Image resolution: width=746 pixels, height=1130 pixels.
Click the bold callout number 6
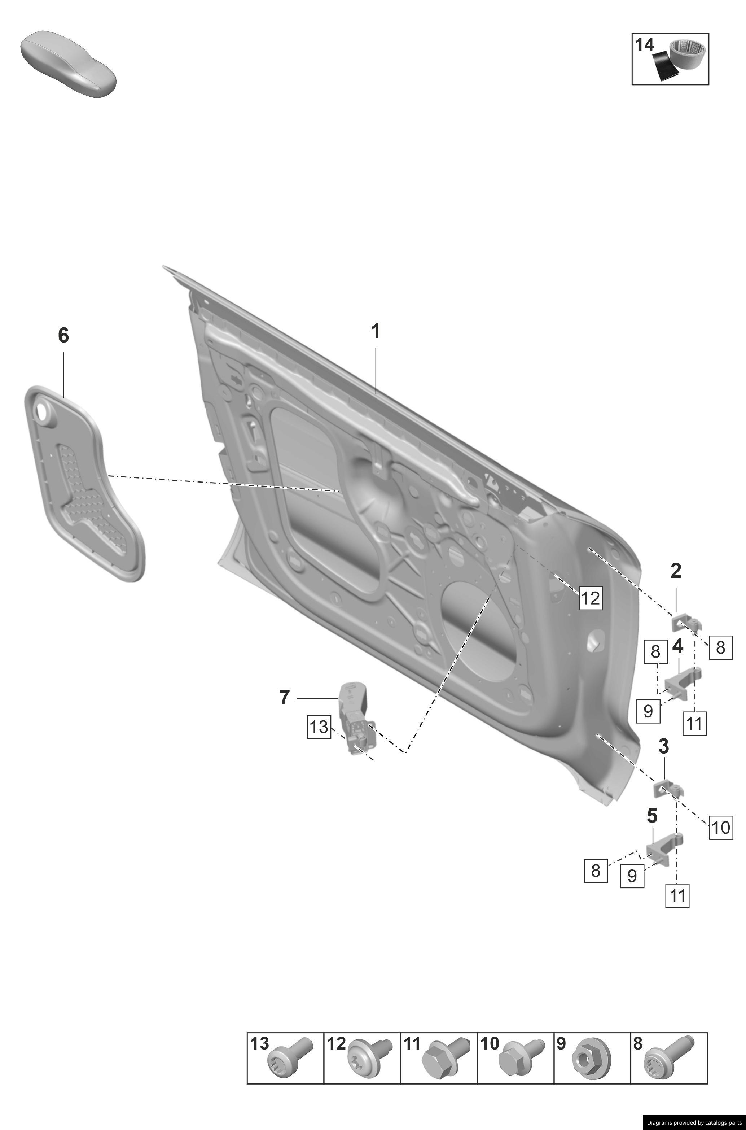click(x=63, y=336)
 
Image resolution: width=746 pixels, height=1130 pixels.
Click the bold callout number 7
click(x=285, y=698)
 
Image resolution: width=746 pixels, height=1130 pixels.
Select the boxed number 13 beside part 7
click(x=319, y=727)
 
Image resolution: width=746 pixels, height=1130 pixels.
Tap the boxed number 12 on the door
click(x=591, y=598)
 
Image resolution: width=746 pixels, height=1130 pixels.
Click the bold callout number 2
click(x=676, y=571)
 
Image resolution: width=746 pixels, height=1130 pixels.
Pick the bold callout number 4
click(x=678, y=646)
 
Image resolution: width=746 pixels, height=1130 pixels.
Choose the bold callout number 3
click(x=664, y=746)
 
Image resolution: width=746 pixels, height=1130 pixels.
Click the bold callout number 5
click(x=652, y=816)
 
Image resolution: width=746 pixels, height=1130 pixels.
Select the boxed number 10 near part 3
click(x=721, y=827)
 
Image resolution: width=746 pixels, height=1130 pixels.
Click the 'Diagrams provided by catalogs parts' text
click(x=694, y=1122)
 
